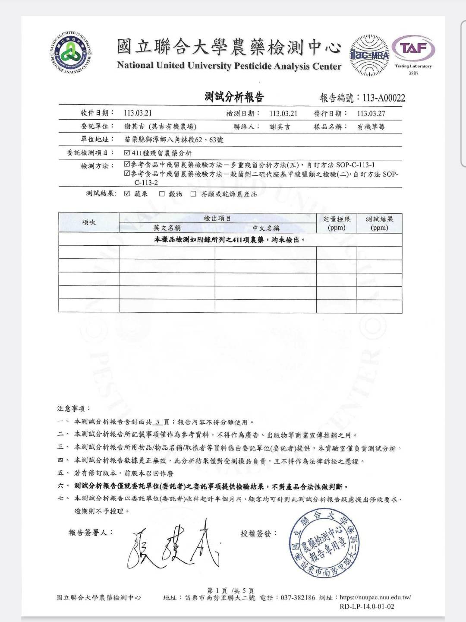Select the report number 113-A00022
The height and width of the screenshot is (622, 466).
(384, 98)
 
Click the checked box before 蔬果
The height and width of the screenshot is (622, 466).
(127, 194)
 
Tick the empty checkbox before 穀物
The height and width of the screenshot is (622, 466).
(162, 194)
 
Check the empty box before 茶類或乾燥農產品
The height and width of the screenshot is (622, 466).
(193, 194)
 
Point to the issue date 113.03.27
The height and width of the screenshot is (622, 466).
(371, 113)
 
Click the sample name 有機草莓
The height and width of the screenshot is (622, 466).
(371, 127)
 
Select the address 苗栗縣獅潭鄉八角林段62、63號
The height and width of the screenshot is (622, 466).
(173, 140)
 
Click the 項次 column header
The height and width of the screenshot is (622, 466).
(89, 222)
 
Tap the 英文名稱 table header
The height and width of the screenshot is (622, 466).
(167, 228)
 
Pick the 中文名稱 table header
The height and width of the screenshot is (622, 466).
(266, 228)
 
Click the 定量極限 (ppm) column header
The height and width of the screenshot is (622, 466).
(337, 223)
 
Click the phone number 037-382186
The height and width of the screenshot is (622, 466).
(298, 597)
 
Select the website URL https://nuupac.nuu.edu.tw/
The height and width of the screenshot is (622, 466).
(375, 597)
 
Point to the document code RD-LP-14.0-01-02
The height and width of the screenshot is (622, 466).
(367, 606)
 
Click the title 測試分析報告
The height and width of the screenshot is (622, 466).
(234, 97)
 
